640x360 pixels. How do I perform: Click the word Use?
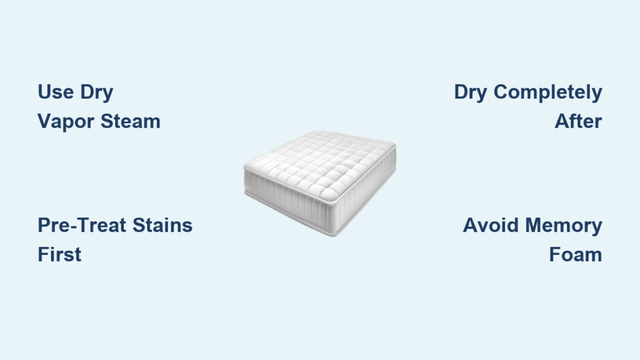point(56,92)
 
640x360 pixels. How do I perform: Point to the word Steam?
point(130,121)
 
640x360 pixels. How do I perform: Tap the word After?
point(578,121)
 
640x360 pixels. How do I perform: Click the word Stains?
point(162,225)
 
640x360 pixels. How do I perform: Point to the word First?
point(59,254)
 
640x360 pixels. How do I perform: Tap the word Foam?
point(576,255)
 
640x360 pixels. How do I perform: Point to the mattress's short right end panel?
point(367,191)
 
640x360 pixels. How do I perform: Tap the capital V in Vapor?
point(45,121)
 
